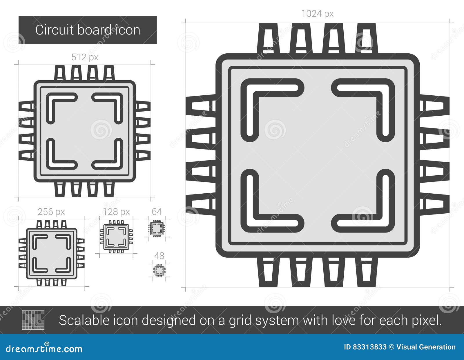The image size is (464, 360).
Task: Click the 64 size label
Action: pos(157,212)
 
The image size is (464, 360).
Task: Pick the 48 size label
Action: pos(159,256)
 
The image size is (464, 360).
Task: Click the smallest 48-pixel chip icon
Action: pos(159,270)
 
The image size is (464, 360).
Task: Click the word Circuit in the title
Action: pos(50,30)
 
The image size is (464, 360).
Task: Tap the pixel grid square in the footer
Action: pos(33,320)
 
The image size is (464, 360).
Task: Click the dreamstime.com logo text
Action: pos(44,349)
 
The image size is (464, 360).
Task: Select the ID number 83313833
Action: pos(369,347)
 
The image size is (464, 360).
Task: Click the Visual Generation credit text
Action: pos(426,347)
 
